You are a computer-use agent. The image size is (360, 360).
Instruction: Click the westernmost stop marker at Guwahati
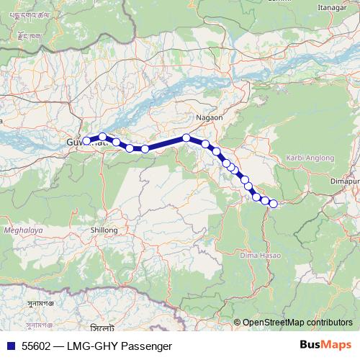click(86, 141)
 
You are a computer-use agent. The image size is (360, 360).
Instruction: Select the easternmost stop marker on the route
click(273, 204)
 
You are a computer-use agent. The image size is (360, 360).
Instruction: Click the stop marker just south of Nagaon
click(186, 138)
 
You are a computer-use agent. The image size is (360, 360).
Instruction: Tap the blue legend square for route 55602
click(12, 346)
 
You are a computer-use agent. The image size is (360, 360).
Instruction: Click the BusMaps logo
click(325, 345)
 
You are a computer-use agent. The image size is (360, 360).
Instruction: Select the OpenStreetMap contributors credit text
click(297, 323)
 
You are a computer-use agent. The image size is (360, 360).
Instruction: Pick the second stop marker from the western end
click(103, 137)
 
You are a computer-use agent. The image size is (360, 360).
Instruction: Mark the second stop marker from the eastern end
click(265, 200)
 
